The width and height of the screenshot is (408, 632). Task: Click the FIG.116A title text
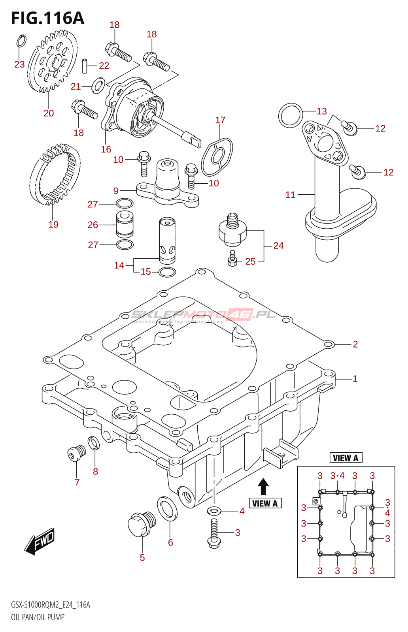[47, 18]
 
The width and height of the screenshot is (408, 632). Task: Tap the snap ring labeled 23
[22, 41]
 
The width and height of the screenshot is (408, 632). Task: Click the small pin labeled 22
[85, 66]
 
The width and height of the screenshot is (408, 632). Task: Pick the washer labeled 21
[98, 85]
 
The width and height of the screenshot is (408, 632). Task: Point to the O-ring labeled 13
[291, 115]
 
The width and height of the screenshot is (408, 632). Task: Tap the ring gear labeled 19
[55, 174]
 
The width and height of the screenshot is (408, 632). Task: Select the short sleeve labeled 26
[125, 224]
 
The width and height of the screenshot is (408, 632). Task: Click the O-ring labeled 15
[167, 272]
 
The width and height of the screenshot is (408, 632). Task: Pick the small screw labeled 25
[232, 259]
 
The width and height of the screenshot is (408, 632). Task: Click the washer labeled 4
[214, 511]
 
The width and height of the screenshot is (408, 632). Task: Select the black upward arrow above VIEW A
[263, 487]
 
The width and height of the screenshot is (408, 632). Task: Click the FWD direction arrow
[40, 541]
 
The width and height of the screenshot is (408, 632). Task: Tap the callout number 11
[290, 195]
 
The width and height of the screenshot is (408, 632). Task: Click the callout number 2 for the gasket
[355, 344]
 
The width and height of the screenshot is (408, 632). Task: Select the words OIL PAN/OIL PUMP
[38, 617]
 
